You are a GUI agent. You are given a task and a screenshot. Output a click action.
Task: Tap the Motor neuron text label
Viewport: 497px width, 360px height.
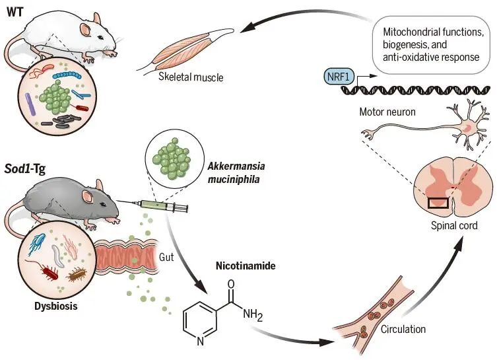pos(387,112)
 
